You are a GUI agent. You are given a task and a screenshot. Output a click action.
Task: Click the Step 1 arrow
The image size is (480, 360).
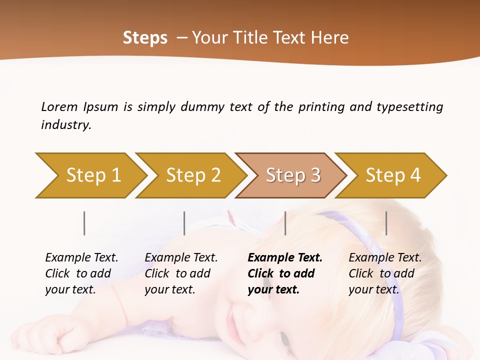point(92,175)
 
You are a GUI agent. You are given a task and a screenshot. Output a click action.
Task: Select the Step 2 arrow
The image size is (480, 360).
point(192,175)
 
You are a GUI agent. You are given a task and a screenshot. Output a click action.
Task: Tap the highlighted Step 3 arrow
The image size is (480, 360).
point(292,175)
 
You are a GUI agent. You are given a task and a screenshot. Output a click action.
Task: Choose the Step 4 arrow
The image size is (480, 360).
point(392,175)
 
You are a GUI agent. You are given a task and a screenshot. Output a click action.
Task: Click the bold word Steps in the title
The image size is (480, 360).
point(145,38)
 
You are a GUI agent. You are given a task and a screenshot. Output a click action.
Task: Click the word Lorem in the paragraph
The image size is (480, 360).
point(59,106)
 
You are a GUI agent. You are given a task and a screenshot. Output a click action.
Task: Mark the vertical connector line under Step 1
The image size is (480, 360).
point(84,223)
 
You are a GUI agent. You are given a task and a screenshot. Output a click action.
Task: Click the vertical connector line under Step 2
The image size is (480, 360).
point(184,223)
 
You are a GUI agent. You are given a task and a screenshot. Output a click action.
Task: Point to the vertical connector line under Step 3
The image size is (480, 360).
point(285,223)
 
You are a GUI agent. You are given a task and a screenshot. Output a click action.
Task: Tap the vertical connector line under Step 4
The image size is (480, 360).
point(386,223)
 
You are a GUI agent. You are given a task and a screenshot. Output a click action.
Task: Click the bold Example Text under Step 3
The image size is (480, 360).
point(285,258)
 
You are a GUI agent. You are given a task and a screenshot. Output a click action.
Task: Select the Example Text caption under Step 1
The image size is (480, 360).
point(81,258)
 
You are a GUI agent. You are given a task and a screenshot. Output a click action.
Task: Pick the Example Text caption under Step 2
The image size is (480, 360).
point(181,258)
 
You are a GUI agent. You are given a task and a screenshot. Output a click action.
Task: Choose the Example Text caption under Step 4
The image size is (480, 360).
point(385,258)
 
